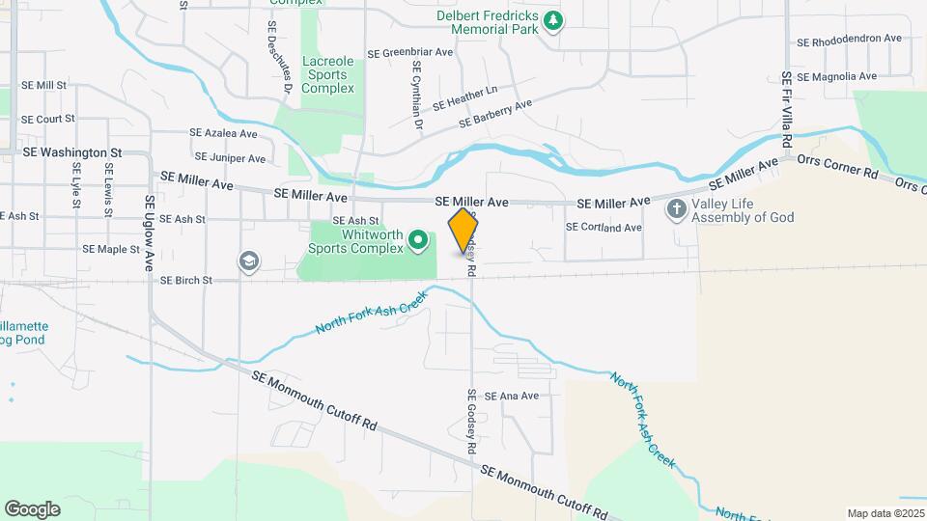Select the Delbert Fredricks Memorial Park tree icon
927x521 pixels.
pyautogui.click(x=552, y=20)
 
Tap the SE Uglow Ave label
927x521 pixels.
pyautogui.click(x=150, y=233)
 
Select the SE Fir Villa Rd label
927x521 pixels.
pyautogui.click(x=788, y=109)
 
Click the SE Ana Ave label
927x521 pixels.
pyautogui.click(x=511, y=396)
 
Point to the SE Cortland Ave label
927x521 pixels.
pyautogui.click(x=604, y=228)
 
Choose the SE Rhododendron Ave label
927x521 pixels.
pyautogui.click(x=849, y=41)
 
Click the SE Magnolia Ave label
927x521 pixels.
pyautogui.click(x=836, y=76)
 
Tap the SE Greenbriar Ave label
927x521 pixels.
pyautogui.click(x=410, y=52)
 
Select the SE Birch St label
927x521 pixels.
pyautogui.click(x=185, y=281)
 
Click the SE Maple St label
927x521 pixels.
pyautogui.click(x=111, y=249)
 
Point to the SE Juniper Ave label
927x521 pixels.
pyautogui.click(x=230, y=157)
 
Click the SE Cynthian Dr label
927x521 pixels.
pyautogui.click(x=417, y=96)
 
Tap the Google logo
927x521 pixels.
pyautogui.click(x=32, y=508)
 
